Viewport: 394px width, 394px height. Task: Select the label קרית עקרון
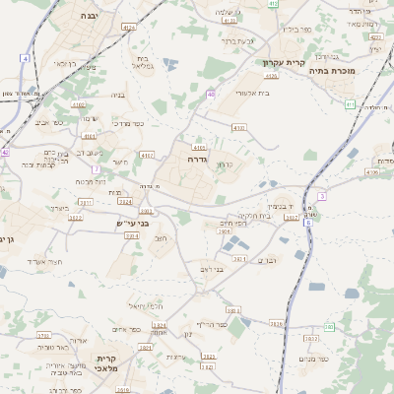tap(282, 63)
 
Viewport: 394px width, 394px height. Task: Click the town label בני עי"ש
tap(130, 224)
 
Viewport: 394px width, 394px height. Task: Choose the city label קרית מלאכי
tap(106, 364)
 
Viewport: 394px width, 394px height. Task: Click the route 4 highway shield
tap(24, 59)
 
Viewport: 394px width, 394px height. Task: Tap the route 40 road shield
tap(211, 95)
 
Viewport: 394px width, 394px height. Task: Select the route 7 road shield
tap(97, 169)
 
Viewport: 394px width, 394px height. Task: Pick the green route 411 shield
tap(350, 103)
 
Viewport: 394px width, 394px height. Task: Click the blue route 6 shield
tap(307, 223)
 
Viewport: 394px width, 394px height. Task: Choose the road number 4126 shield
tap(230, 20)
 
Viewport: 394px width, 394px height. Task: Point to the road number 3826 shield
tap(275, 323)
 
